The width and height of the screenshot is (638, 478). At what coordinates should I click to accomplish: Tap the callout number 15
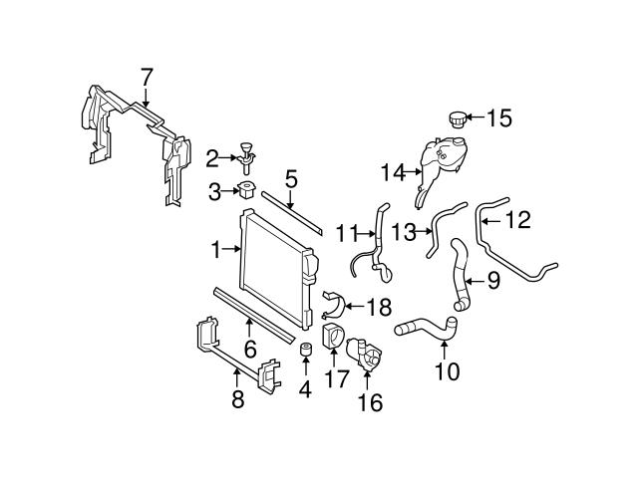498,119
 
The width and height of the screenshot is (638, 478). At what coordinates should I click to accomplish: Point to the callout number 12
519,217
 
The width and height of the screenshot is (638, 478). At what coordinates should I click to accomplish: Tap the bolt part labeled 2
245,154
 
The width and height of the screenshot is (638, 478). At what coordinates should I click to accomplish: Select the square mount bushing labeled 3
244,190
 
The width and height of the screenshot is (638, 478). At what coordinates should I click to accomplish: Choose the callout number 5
290,180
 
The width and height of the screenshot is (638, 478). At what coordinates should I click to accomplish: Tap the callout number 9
491,282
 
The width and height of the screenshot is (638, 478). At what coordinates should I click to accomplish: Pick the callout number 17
334,377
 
